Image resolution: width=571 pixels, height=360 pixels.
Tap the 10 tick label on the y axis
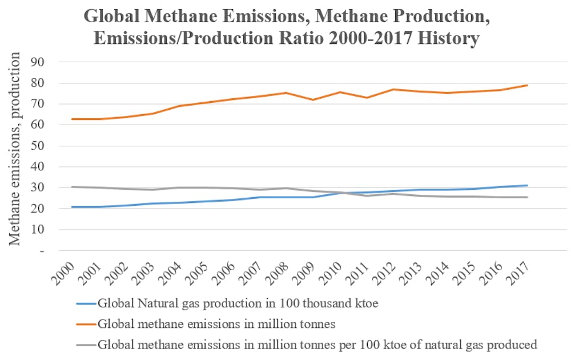[x=43, y=230]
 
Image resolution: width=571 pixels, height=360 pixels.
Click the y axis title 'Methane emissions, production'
[x=15, y=149]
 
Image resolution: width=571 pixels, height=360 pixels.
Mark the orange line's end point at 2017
[x=527, y=85]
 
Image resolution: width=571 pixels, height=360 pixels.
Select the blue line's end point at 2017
[x=527, y=185]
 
